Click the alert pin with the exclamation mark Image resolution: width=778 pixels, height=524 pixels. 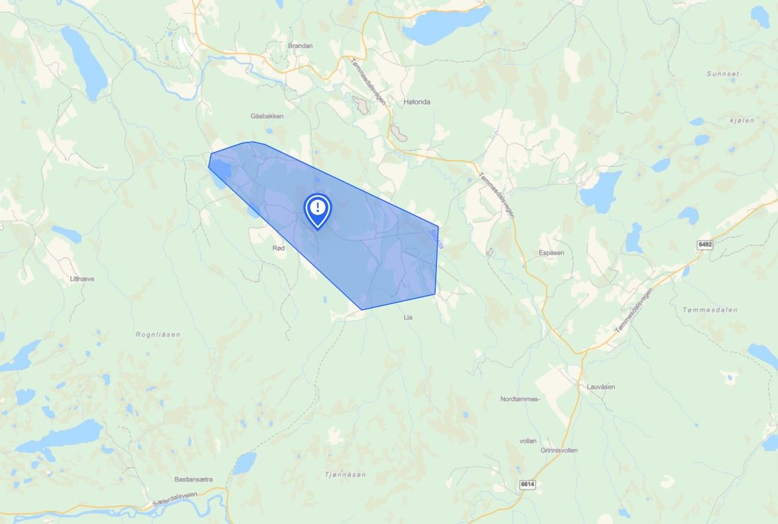pos(318,209)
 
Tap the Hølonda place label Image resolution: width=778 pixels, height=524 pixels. pos(416,102)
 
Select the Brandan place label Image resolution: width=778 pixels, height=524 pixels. pos(300,46)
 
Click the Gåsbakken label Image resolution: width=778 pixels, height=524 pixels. pos(267,116)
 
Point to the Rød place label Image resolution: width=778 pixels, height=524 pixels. pos(279,248)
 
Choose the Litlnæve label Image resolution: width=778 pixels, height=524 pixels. pos(82,279)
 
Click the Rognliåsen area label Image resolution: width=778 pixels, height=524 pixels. pos(158,335)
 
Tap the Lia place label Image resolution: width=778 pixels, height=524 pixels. pos(408,317)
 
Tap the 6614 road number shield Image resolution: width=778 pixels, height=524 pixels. pos(527,484)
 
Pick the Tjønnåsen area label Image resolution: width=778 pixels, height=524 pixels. pos(345,474)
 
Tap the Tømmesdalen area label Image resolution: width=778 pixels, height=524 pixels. pos(710,309)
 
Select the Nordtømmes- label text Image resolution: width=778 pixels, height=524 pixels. pos(520,399)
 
